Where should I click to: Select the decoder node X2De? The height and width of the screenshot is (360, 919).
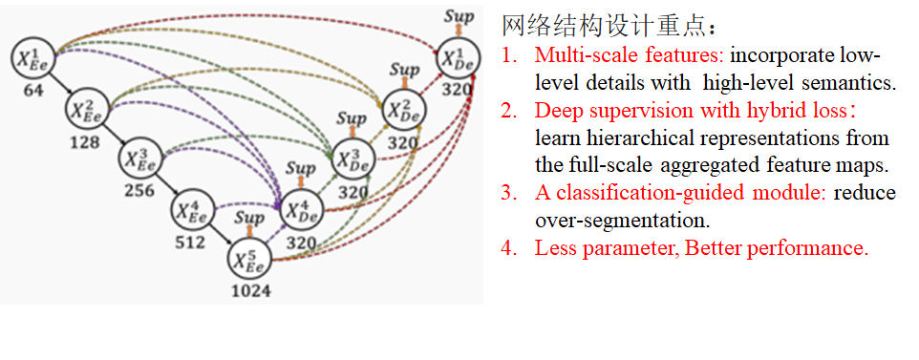tap(403, 110)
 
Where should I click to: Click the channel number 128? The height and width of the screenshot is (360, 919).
tap(85, 142)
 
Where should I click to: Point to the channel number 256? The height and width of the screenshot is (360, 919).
tap(139, 190)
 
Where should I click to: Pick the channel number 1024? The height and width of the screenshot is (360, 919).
tap(250, 289)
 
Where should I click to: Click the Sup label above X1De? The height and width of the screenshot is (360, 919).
tap(459, 15)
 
